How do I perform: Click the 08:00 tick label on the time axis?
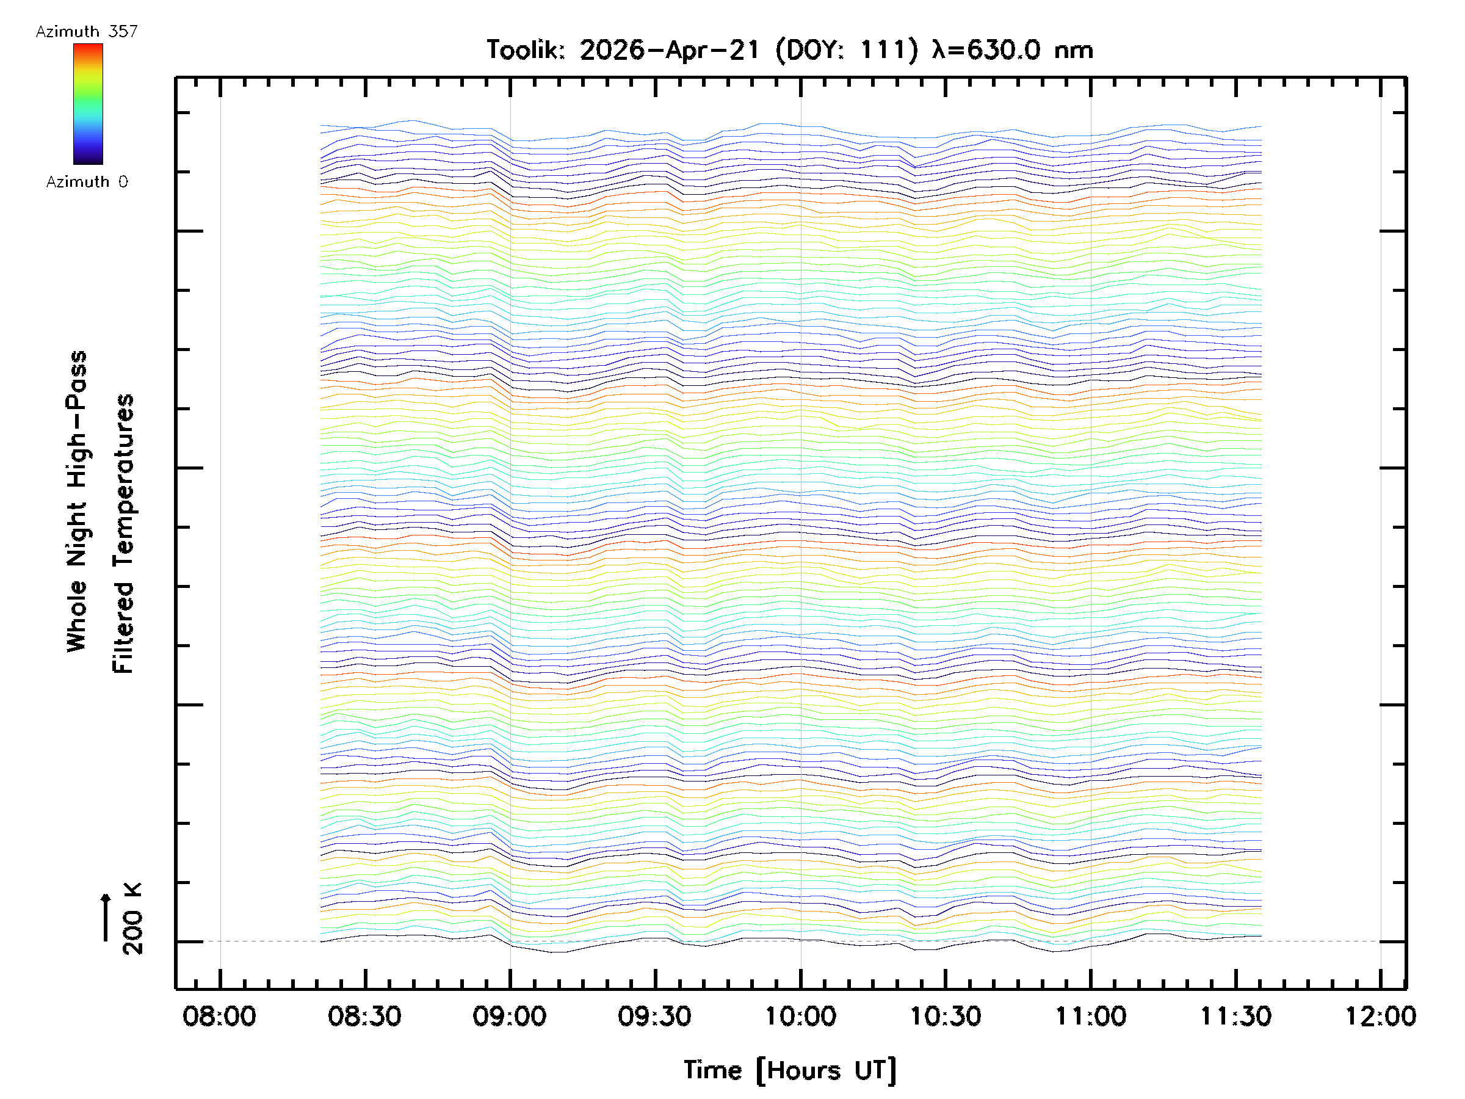219,1016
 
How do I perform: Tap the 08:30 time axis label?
364,1016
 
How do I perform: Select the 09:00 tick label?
509,1016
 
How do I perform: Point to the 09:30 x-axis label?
654,1016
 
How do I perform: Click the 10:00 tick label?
800,1016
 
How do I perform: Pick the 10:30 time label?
945,1016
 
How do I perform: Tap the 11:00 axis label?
1090,1016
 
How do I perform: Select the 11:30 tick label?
1235,1016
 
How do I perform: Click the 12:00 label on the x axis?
1380,1016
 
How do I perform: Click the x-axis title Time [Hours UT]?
790,1071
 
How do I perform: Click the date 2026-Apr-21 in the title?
670,49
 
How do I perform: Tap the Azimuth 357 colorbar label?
87,31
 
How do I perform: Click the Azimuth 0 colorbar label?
87,181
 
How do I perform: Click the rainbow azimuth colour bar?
88,104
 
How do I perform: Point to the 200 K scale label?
132,918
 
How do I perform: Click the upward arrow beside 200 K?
106,917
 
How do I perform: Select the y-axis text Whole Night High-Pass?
77,501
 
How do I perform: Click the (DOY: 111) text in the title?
847,49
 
